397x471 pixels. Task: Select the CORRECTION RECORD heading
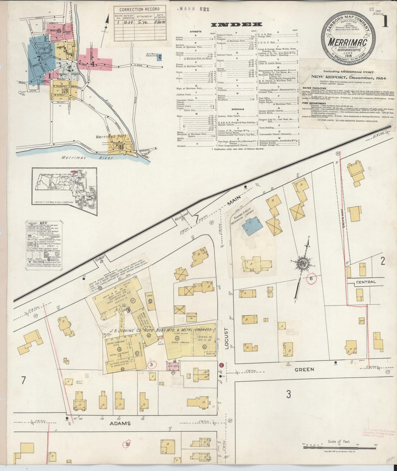pyautogui.click(x=140, y=9)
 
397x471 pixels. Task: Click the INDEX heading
pyautogui.click(x=236, y=25)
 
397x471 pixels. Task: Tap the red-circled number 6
pyautogui.click(x=311, y=278)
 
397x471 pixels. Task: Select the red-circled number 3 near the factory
pyautogui.click(x=152, y=365)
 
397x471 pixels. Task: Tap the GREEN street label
pyautogui.click(x=304, y=370)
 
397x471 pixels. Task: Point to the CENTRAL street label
pyautogui.click(x=366, y=282)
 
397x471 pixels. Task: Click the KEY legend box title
pyautogui.click(x=43, y=223)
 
